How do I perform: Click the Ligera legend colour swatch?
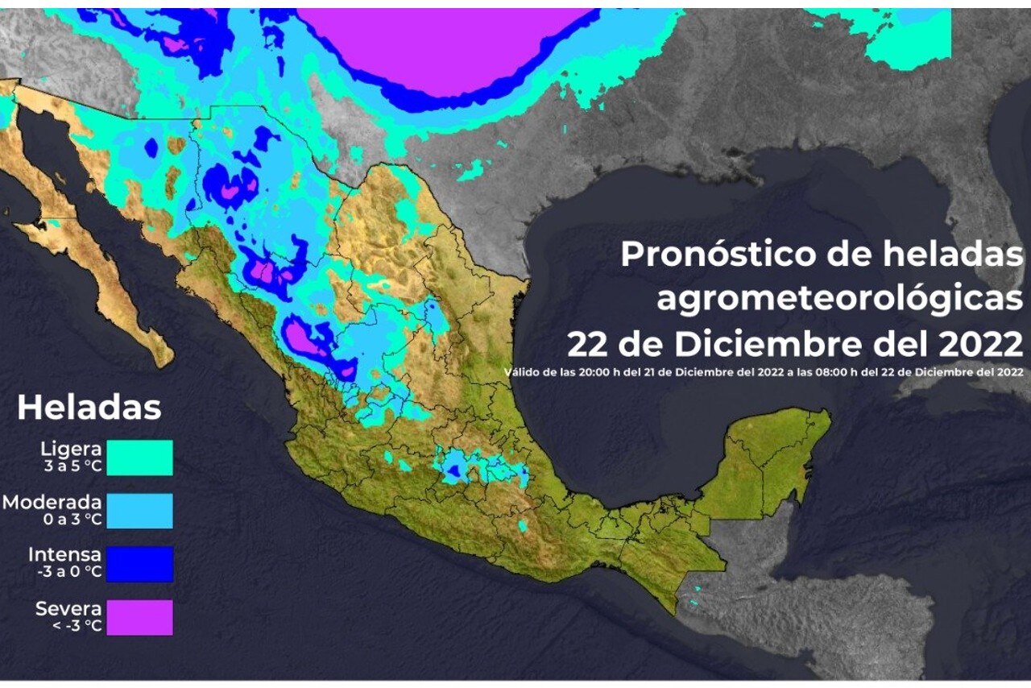pyautogui.click(x=142, y=457)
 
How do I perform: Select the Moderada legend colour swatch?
pyautogui.click(x=142, y=510)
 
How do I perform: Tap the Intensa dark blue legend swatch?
pyautogui.click(x=142, y=563)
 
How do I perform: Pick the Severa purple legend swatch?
pyautogui.click(x=142, y=616)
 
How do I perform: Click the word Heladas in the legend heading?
pyautogui.click(x=89, y=408)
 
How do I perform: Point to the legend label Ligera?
pyautogui.click(x=71, y=450)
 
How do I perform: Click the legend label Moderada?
pyautogui.click(x=52, y=503)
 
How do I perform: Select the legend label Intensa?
pyautogui.click(x=64, y=555)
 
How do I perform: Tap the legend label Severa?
pyautogui.click(x=68, y=609)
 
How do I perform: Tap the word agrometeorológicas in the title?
pyautogui.click(x=839, y=300)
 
